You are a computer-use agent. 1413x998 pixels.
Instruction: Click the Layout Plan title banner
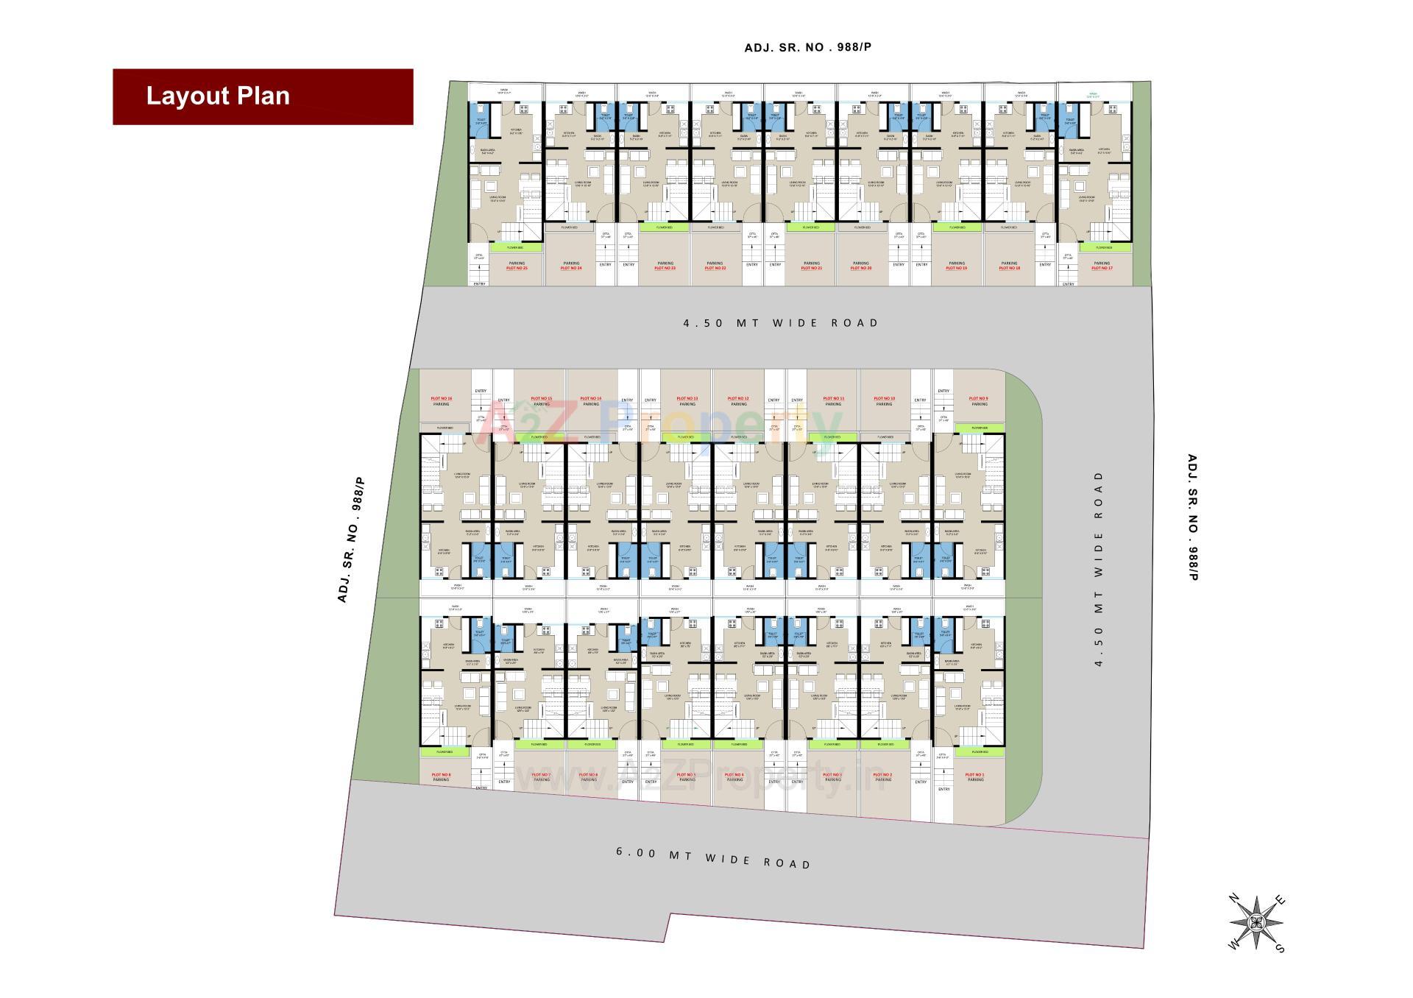coord(263,96)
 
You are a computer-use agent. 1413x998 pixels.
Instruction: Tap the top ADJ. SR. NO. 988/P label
coord(807,48)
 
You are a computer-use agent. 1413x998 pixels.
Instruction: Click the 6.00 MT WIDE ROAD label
coord(713,857)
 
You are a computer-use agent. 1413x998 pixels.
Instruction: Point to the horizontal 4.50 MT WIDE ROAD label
coord(781,322)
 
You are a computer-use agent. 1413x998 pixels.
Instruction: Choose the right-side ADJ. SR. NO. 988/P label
coord(1193,517)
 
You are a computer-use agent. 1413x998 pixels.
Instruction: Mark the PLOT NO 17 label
coord(1102,269)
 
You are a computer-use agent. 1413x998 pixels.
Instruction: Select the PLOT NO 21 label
coord(811,269)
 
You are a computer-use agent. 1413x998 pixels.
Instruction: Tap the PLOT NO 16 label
coord(442,398)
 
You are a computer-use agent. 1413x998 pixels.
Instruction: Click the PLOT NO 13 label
coord(687,398)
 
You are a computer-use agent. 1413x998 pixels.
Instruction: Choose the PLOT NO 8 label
coord(442,774)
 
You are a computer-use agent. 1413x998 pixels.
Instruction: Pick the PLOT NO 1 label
coord(974,774)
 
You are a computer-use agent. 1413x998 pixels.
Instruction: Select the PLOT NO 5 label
coord(686,774)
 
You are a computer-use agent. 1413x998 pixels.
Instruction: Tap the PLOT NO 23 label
coord(665,269)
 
